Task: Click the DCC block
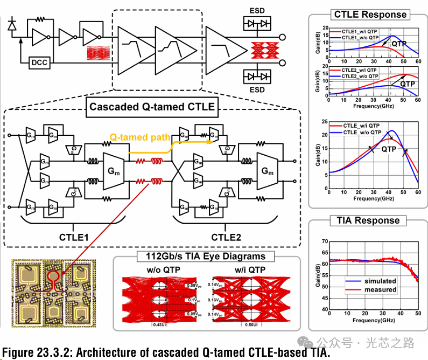(39, 63)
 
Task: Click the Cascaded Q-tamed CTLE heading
(151, 106)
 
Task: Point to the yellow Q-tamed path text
(140, 138)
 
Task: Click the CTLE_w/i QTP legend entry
(361, 124)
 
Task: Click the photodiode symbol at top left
(13, 24)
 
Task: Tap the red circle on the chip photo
(54, 277)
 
